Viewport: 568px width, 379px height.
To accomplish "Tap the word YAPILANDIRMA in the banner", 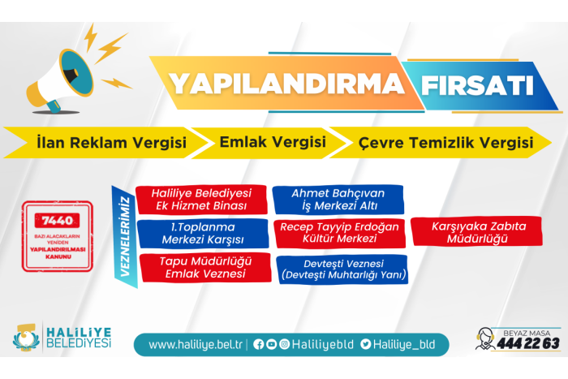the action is pyautogui.click(x=287, y=84).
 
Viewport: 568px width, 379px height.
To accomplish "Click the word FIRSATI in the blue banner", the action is pyautogui.click(x=477, y=85).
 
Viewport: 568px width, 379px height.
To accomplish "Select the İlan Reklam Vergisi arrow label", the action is pyautogui.click(x=112, y=142).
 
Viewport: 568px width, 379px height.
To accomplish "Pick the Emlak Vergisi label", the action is pyautogui.click(x=273, y=142).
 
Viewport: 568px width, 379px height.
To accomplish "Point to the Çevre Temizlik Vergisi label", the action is pyautogui.click(x=446, y=142).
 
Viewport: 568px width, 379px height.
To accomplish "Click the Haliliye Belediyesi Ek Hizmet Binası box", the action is pyautogui.click(x=201, y=200).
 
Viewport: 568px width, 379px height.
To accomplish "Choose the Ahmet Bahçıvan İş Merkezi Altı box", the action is pyautogui.click(x=338, y=200).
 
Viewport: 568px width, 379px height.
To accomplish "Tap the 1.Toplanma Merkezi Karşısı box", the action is pyautogui.click(x=203, y=234).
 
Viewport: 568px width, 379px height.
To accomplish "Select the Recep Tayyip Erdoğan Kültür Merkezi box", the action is pyautogui.click(x=339, y=233).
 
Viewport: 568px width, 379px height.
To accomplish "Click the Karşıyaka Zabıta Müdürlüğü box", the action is pyautogui.click(x=477, y=232).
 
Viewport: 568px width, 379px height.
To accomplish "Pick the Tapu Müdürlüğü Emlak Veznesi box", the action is pyautogui.click(x=205, y=267).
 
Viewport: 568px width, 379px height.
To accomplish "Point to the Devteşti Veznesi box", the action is pyautogui.click(x=342, y=269).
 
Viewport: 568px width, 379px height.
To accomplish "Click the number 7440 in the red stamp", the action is pyautogui.click(x=58, y=220).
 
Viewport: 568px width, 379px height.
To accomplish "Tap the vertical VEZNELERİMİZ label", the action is pyautogui.click(x=125, y=237).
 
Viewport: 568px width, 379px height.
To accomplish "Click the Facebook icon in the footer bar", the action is pyautogui.click(x=258, y=344).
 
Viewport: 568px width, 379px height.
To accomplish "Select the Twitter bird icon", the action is pyautogui.click(x=365, y=344).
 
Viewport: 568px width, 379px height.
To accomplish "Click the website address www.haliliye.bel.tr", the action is pyautogui.click(x=196, y=344).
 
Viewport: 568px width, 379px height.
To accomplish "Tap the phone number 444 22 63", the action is pyautogui.click(x=528, y=343).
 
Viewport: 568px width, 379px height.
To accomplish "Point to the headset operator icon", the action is pyautogui.click(x=485, y=338).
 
